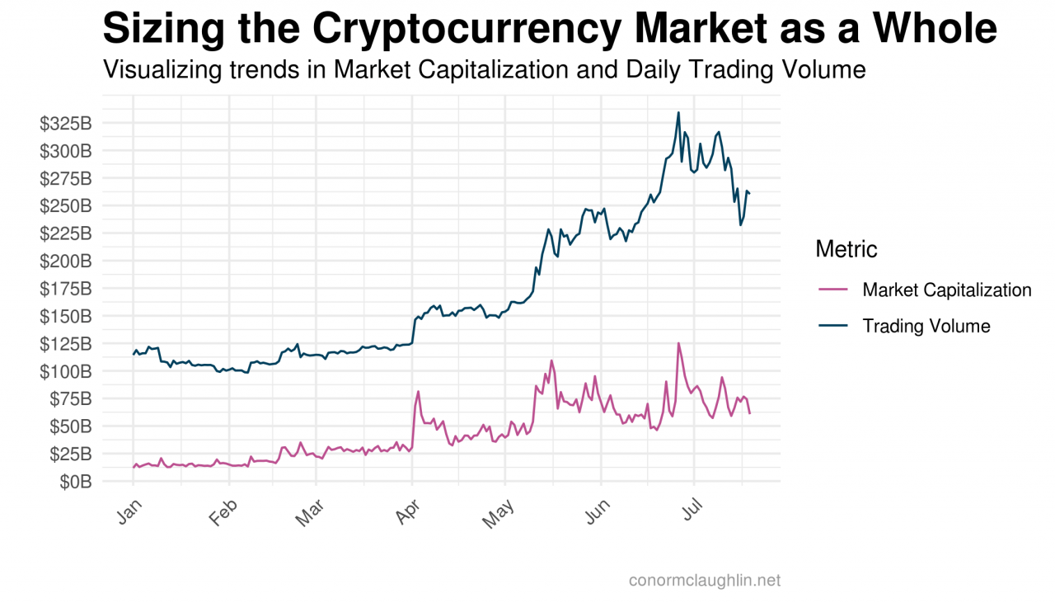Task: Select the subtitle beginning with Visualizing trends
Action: (484, 70)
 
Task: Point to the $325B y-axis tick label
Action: (65, 124)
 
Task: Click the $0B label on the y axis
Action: (75, 482)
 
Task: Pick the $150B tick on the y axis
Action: (65, 316)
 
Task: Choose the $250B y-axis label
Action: (65, 206)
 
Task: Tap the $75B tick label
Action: (70, 398)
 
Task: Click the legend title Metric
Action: (846, 248)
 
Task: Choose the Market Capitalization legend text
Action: (946, 290)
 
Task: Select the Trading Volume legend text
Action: (926, 326)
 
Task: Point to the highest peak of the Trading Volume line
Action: (678, 112)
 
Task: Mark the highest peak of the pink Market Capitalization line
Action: (678, 343)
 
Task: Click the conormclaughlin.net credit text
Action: (704, 581)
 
